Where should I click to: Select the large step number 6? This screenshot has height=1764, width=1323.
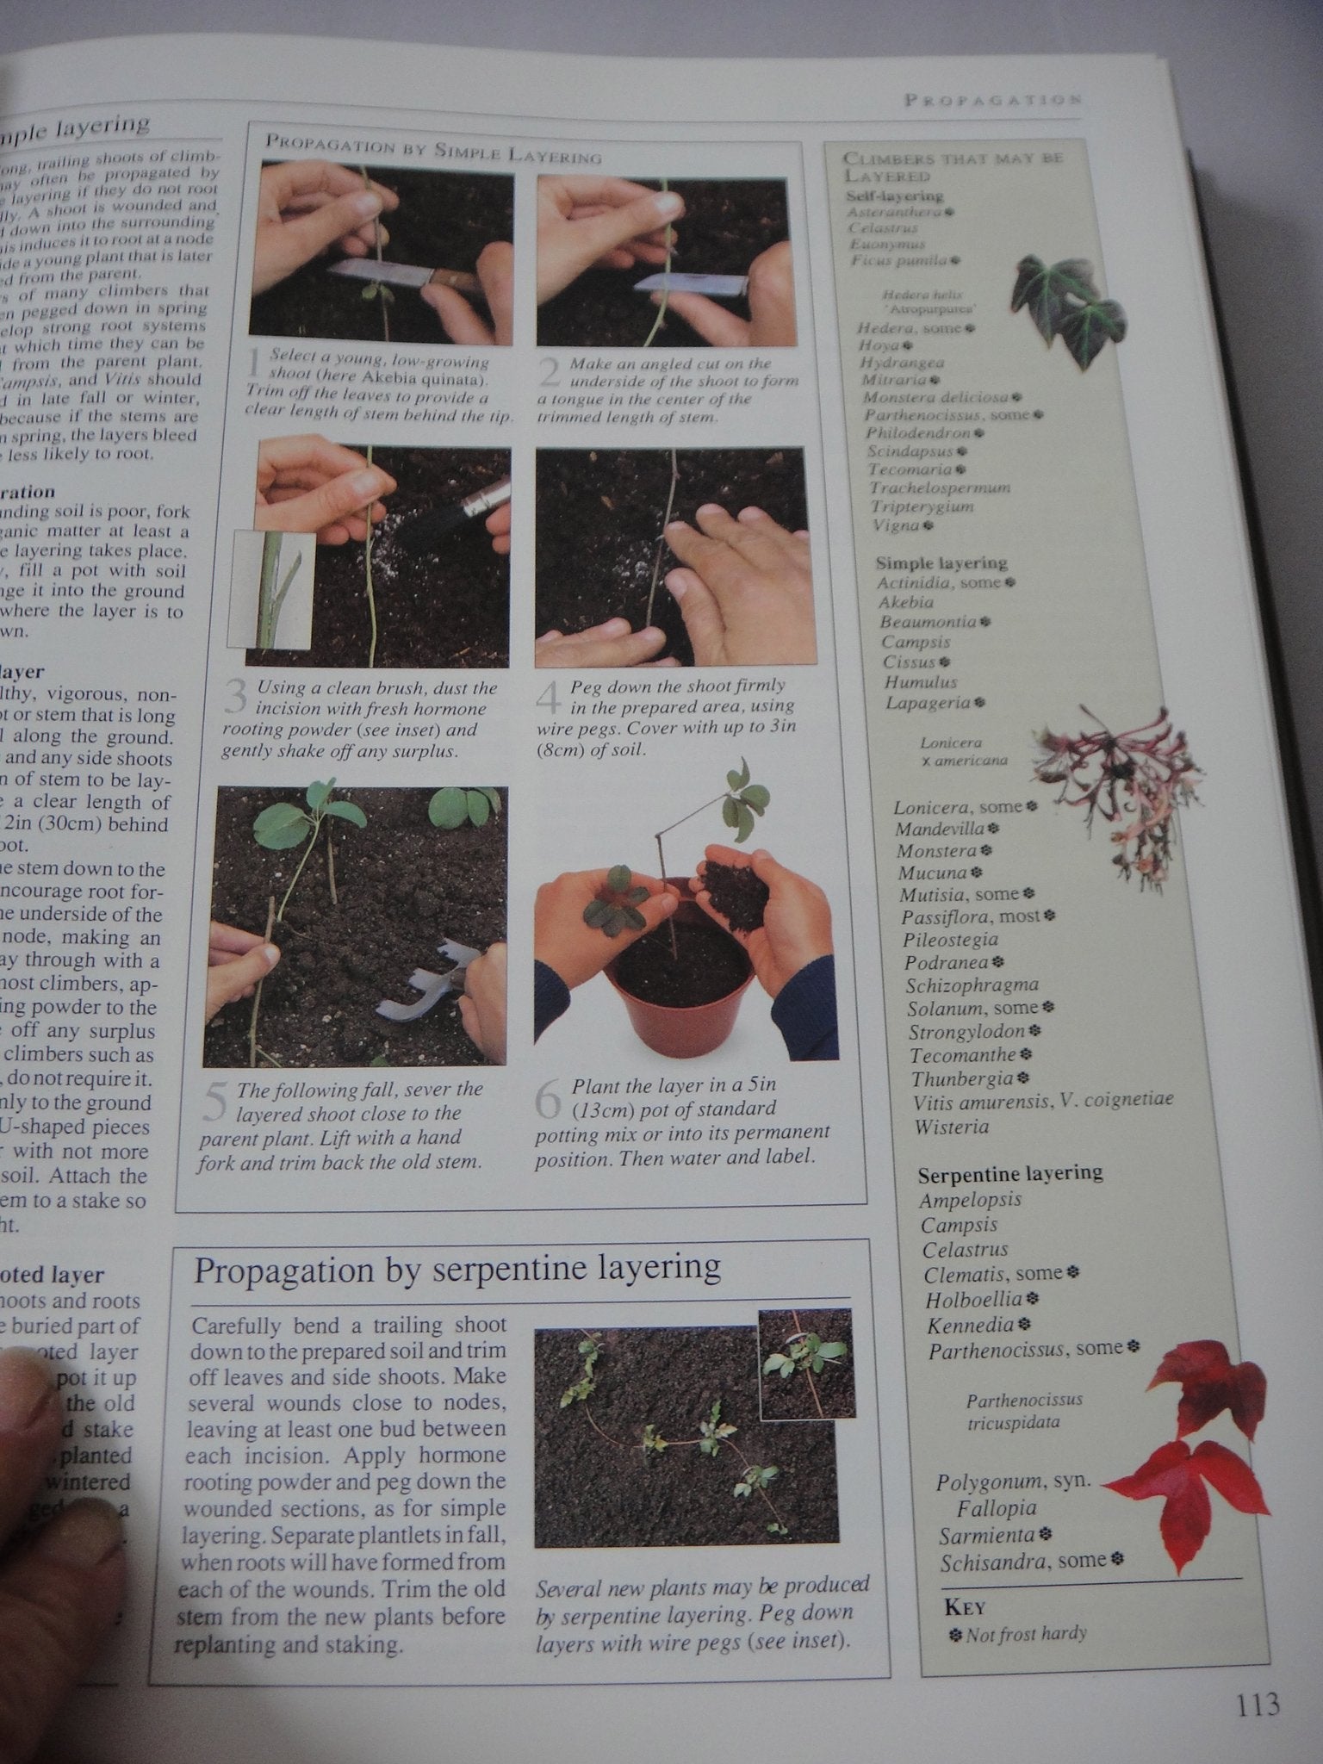[x=548, y=1100]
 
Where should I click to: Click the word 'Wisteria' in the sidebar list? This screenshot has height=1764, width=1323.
[x=952, y=1127]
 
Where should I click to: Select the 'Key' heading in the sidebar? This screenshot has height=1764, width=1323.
[x=965, y=1607]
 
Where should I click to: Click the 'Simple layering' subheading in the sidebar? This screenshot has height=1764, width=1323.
[x=941, y=562]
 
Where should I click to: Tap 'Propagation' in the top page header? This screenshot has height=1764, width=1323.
[x=991, y=100]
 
